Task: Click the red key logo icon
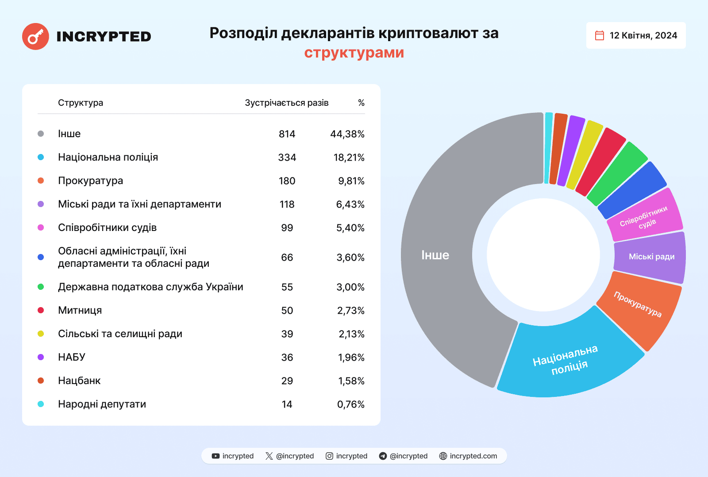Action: click(x=35, y=36)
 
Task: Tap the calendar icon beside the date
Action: click(x=599, y=35)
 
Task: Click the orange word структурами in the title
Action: click(x=354, y=53)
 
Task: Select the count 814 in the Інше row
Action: click(x=287, y=134)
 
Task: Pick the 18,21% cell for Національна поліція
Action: click(x=349, y=158)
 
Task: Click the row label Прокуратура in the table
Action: click(x=90, y=181)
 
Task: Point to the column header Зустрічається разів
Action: click(x=286, y=103)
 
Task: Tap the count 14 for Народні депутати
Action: click(x=287, y=404)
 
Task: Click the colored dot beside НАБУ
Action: click(x=41, y=357)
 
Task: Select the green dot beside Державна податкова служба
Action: click(x=41, y=287)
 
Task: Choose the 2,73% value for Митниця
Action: click(x=350, y=311)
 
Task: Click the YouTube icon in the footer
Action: click(x=215, y=456)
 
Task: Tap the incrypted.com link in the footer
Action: click(x=473, y=456)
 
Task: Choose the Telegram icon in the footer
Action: click(x=383, y=456)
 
